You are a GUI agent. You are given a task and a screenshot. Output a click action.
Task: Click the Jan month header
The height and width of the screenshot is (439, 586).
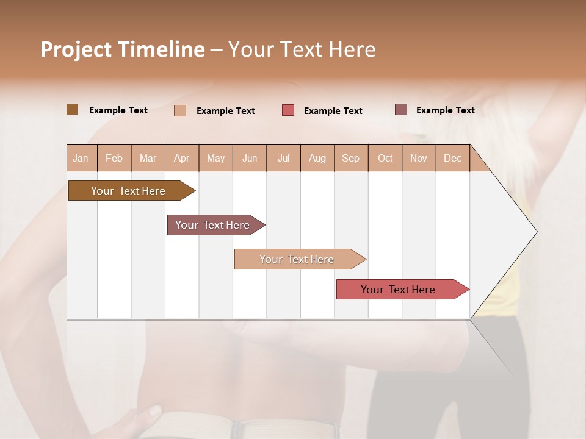pyautogui.click(x=81, y=158)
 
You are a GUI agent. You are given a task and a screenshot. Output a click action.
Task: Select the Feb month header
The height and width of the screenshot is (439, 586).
pyautogui.click(x=114, y=158)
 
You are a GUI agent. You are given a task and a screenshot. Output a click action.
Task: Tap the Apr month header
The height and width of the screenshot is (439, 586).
pyautogui.click(x=182, y=158)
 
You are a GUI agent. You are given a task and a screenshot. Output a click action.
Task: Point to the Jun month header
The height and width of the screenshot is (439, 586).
pyautogui.click(x=250, y=158)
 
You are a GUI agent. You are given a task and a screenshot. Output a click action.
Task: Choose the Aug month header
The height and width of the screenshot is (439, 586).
pyautogui.click(x=317, y=158)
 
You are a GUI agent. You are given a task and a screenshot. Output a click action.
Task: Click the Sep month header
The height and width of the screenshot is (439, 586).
pyautogui.click(x=351, y=158)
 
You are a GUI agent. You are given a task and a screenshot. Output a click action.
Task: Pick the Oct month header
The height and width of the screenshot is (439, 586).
pyautogui.click(x=385, y=158)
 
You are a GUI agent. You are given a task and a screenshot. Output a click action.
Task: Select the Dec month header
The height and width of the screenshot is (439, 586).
pyautogui.click(x=453, y=158)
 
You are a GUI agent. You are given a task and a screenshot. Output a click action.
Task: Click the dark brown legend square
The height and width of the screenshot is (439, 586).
pyautogui.click(x=72, y=110)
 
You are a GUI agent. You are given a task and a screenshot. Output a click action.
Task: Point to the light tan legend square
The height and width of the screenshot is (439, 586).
pyautogui.click(x=180, y=110)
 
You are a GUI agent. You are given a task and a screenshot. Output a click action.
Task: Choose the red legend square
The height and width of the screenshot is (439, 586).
pyautogui.click(x=288, y=110)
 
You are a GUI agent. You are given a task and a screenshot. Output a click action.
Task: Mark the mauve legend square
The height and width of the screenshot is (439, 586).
pyautogui.click(x=401, y=110)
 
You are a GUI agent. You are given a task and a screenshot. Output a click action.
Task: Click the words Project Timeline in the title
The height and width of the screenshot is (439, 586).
pyautogui.click(x=123, y=49)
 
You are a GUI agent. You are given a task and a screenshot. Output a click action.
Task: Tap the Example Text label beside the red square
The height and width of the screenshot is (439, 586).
pyautogui.click(x=333, y=110)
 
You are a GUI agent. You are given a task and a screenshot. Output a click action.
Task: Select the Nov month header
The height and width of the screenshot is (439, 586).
pyautogui.click(x=419, y=158)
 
